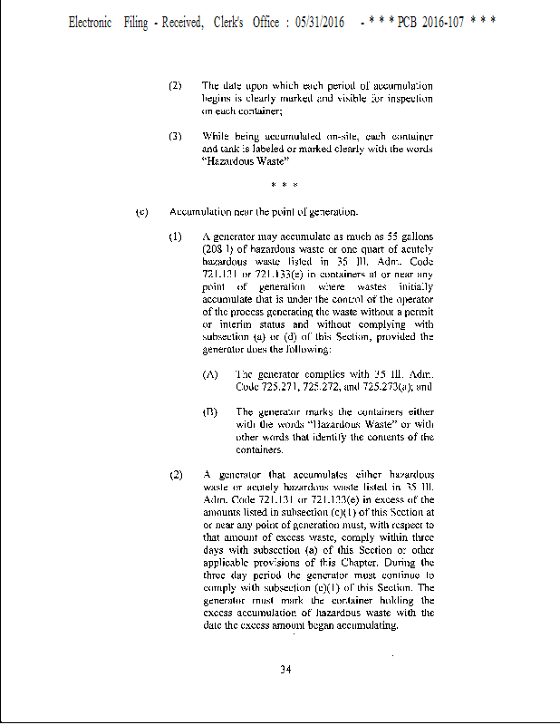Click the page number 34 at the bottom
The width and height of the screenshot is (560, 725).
pos(285,670)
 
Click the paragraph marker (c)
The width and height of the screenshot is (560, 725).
pos(141,212)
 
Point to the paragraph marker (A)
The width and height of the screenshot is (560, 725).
pos(210,373)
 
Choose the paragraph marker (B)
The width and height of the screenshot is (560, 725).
pos(210,411)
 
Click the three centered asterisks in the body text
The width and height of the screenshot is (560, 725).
pos(285,187)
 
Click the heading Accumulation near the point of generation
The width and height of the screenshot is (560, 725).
pos(264,212)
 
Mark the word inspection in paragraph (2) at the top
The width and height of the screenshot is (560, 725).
pos(410,99)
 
